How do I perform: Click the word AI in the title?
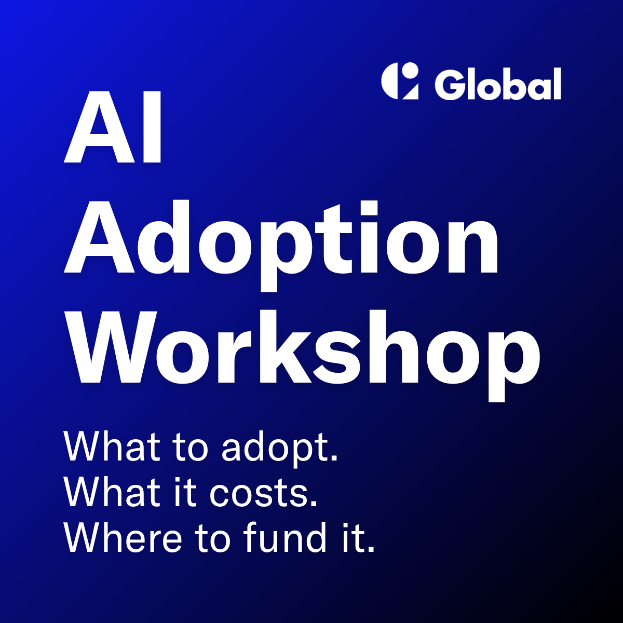(x=112, y=126)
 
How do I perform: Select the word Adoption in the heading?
(x=281, y=246)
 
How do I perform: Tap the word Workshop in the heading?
(x=302, y=356)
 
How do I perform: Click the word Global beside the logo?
(x=498, y=84)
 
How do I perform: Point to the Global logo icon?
(x=400, y=80)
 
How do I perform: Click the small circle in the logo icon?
(x=410, y=70)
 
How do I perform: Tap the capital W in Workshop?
(x=109, y=347)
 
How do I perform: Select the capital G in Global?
(x=449, y=84)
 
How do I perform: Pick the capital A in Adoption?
(x=99, y=236)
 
